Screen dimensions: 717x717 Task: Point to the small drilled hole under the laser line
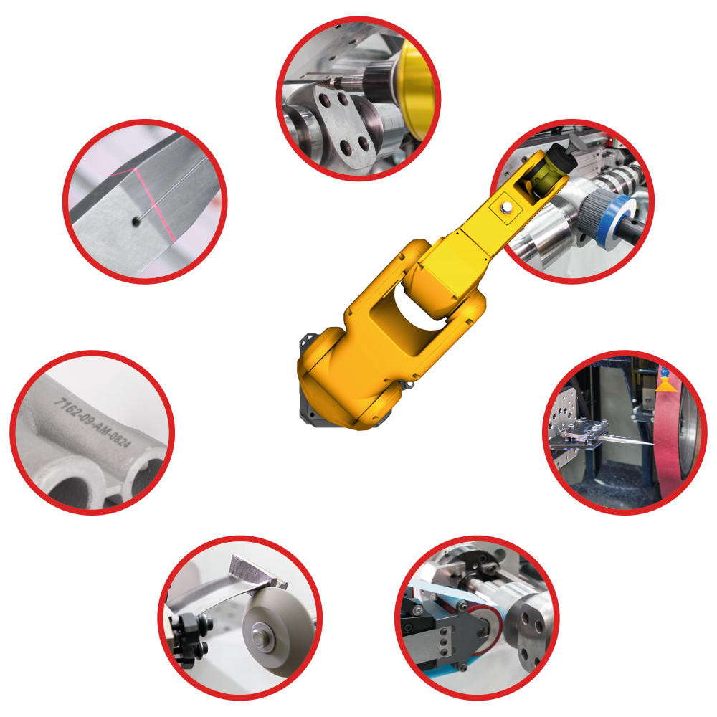(136, 222)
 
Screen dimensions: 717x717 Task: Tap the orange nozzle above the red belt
(666, 385)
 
